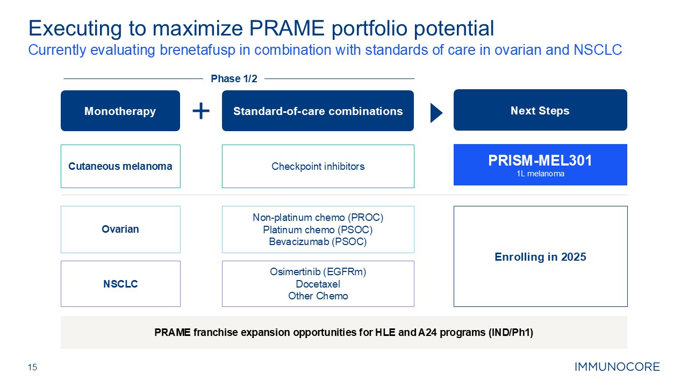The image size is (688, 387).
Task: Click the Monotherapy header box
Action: click(120, 111)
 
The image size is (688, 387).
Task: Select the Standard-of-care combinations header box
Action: click(318, 111)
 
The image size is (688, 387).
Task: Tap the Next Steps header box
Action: click(540, 110)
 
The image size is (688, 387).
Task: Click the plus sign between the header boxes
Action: click(201, 111)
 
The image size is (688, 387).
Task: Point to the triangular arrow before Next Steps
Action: click(436, 113)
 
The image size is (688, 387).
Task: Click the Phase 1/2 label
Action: click(234, 78)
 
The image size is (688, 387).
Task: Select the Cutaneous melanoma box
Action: click(120, 166)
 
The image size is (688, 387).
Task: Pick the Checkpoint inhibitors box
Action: click(318, 166)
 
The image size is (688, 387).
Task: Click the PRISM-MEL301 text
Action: click(540, 160)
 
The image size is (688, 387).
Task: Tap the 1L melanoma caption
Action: click(540, 174)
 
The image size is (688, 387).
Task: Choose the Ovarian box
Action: click(120, 230)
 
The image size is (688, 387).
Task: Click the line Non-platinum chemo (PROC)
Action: click(318, 218)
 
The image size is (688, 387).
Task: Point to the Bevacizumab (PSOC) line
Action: click(318, 242)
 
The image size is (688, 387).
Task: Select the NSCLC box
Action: click(120, 284)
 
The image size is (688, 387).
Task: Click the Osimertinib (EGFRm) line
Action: click(318, 272)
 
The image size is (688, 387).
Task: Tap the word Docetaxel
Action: click(318, 284)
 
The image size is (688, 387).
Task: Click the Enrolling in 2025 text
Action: click(540, 257)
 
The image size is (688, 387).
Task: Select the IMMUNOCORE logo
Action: click(617, 367)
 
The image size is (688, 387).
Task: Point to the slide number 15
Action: click(32, 367)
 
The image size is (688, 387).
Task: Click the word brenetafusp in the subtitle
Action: click(197, 50)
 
